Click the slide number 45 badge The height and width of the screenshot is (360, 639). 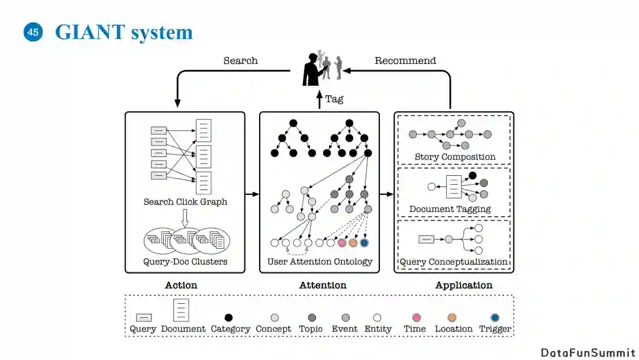click(x=33, y=33)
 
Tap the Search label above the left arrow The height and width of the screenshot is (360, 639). click(x=240, y=60)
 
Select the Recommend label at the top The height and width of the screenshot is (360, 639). click(x=405, y=60)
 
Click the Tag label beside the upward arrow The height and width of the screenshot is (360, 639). click(x=334, y=99)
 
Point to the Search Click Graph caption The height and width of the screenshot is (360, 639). click(x=185, y=201)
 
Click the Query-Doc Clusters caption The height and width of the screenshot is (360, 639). click(x=185, y=261)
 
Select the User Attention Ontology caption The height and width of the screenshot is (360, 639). click(x=319, y=261)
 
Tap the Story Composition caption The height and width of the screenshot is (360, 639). click(x=455, y=157)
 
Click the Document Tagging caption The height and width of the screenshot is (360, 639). click(x=450, y=209)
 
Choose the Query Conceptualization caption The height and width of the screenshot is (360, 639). click(x=454, y=262)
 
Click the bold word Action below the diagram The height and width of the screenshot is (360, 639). click(x=181, y=285)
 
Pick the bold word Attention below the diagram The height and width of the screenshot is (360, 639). click(x=322, y=285)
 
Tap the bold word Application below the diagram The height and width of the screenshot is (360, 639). click(x=464, y=285)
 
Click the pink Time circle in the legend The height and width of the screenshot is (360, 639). click(x=415, y=317)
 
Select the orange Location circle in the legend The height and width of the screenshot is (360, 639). click(x=454, y=317)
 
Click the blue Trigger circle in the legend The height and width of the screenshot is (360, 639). click(x=495, y=317)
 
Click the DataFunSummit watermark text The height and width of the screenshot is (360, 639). click(x=588, y=352)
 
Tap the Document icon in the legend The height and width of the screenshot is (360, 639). click(x=182, y=310)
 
